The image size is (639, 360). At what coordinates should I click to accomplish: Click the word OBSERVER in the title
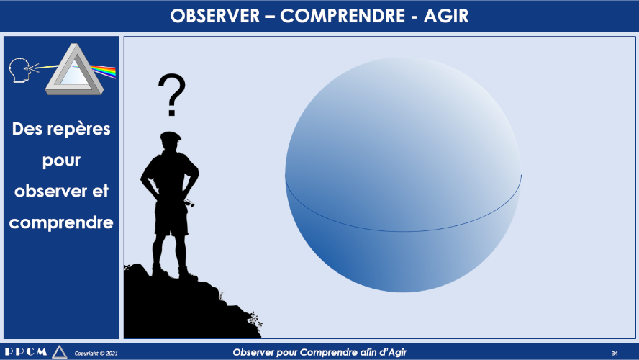click(x=214, y=16)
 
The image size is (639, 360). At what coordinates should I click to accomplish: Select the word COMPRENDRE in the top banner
click(x=343, y=16)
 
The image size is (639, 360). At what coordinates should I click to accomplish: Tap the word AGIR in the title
click(x=446, y=16)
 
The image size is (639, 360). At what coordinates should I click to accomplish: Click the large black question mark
click(x=171, y=95)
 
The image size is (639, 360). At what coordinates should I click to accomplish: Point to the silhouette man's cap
click(x=171, y=136)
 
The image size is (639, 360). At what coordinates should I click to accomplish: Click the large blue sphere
click(x=403, y=174)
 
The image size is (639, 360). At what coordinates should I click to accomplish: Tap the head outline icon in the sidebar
click(x=19, y=70)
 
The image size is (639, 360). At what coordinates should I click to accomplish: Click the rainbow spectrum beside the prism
click(x=104, y=71)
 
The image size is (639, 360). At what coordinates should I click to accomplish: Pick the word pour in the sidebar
click(x=61, y=161)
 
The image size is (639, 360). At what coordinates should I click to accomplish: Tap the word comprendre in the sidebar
click(x=61, y=223)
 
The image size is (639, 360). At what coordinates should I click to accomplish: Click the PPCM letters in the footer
click(x=26, y=351)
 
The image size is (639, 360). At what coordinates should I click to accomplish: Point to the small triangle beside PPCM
click(x=60, y=352)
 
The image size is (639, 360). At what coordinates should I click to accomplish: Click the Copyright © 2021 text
click(x=96, y=353)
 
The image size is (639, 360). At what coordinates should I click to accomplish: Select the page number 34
click(x=615, y=353)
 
